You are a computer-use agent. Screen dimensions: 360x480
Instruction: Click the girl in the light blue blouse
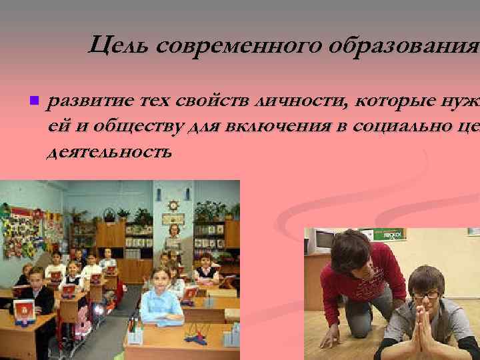pyautogui.click(x=159, y=297)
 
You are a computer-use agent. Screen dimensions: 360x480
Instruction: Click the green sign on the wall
pyautogui.click(x=389, y=234)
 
